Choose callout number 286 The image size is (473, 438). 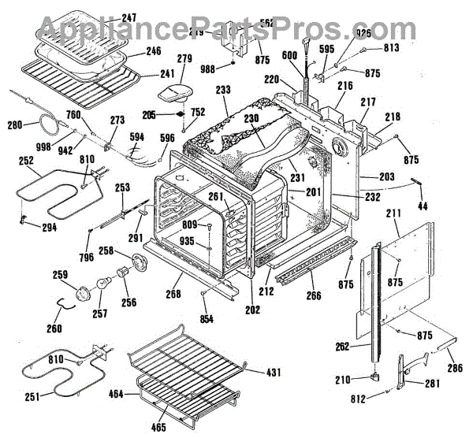pyautogui.click(x=454, y=368)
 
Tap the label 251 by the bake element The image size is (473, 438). pyautogui.click(x=32, y=396)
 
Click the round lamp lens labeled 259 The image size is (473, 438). pyautogui.click(x=83, y=294)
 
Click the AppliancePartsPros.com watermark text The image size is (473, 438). pyautogui.click(x=236, y=30)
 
